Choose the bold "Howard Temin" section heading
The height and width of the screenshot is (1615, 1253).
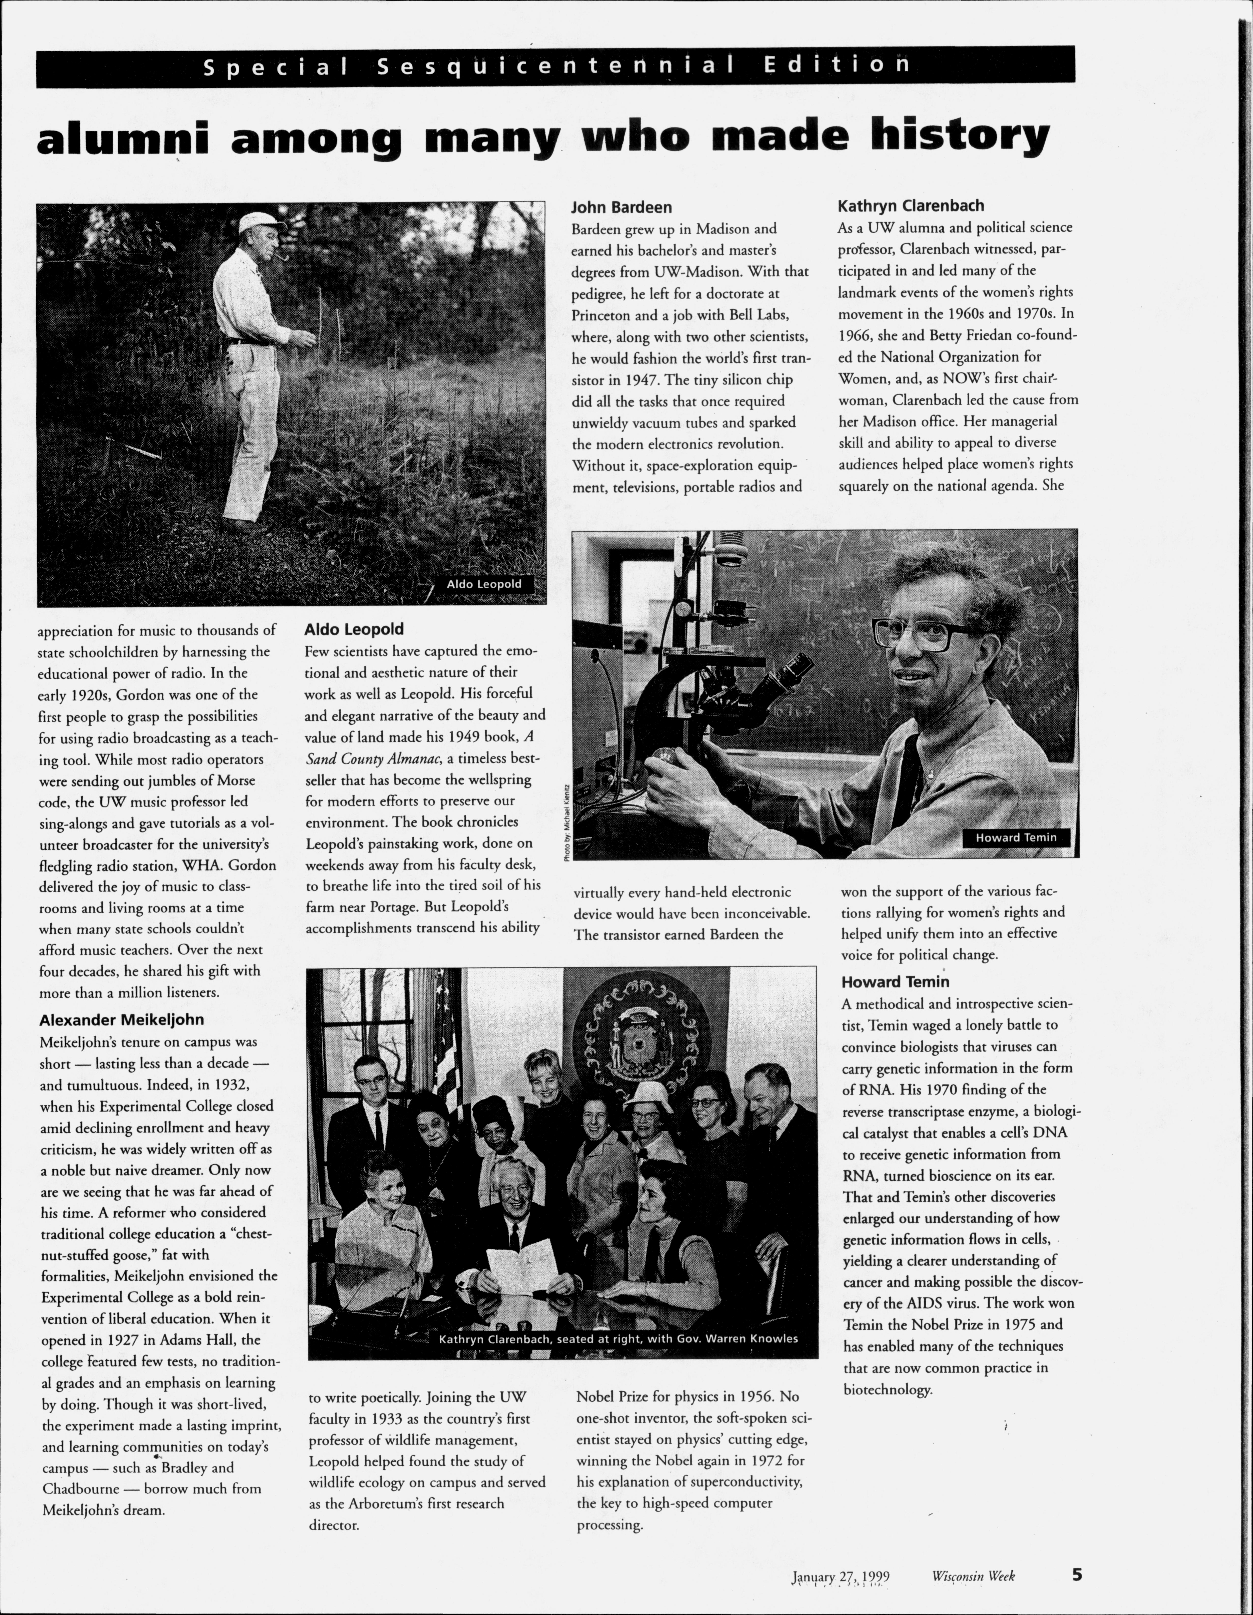[894, 982]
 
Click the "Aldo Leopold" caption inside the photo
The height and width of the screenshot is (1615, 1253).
[483, 584]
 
